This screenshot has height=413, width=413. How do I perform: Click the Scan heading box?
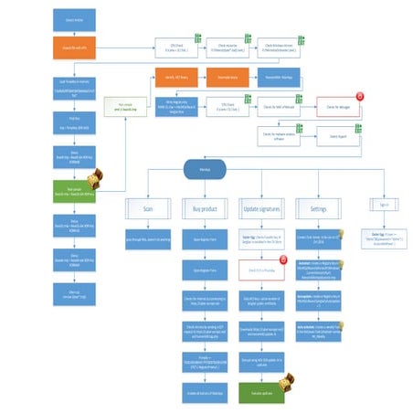click(148, 209)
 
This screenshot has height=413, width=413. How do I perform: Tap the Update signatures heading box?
click(263, 209)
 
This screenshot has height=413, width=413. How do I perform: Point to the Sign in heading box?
click(381, 209)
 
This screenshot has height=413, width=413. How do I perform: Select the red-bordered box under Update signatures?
click(263, 271)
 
